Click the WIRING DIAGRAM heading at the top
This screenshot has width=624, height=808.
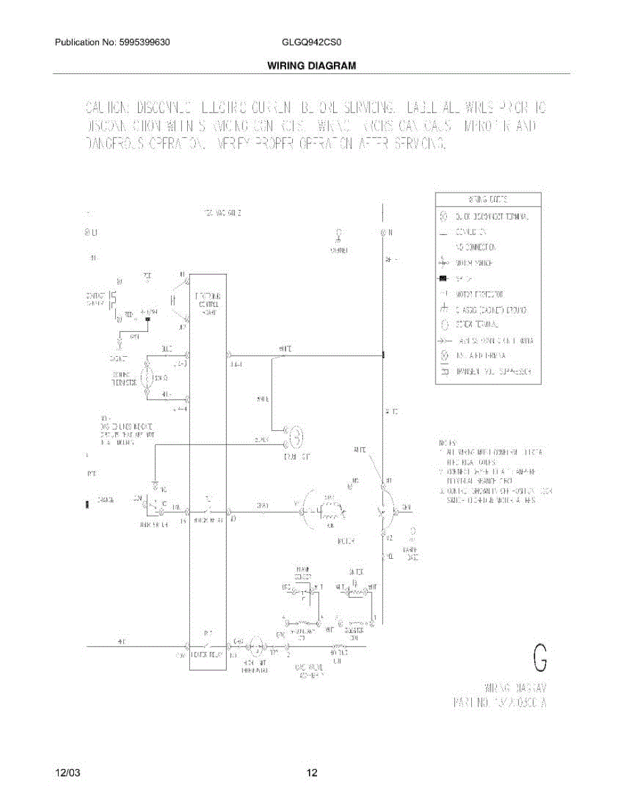[x=311, y=65]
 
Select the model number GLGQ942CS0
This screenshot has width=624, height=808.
[x=312, y=42]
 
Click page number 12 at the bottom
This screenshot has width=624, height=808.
[x=312, y=773]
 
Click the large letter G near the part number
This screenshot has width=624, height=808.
[x=539, y=658]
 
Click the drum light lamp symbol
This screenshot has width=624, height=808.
[x=296, y=438]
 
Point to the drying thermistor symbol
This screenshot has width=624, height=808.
[x=148, y=378]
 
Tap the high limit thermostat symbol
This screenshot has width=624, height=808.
[x=256, y=647]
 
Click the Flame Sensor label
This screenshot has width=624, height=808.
[x=302, y=574]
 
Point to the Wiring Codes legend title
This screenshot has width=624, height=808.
[x=488, y=200]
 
